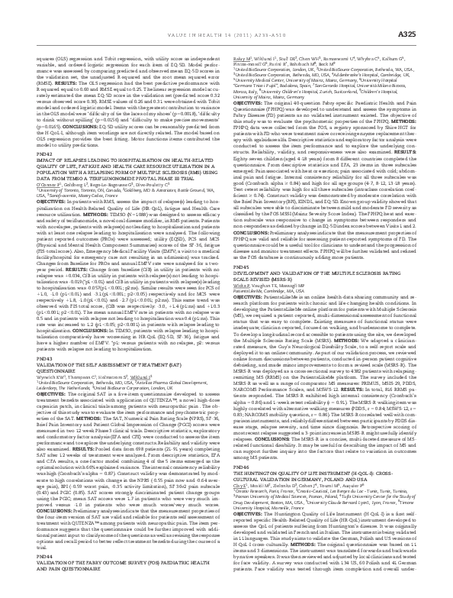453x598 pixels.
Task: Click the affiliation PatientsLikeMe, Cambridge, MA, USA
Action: tap(264, 270)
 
